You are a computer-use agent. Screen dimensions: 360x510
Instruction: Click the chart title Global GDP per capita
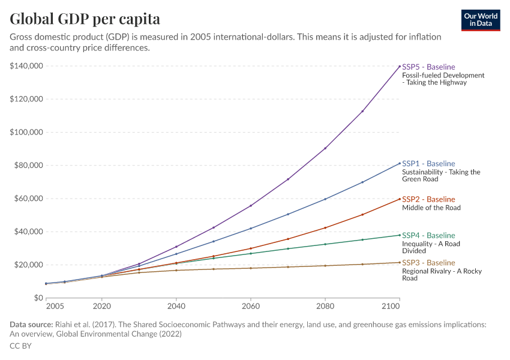(x=85, y=19)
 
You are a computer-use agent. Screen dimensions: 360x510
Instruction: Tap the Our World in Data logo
(x=480, y=20)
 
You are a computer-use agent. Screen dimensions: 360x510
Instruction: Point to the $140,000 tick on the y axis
(x=26, y=66)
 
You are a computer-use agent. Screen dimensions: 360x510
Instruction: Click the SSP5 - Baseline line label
(x=428, y=67)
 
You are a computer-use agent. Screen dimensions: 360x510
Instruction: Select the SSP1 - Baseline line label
(x=428, y=164)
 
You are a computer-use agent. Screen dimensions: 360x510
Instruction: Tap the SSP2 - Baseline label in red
(x=428, y=199)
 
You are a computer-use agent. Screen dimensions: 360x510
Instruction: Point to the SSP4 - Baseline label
(x=428, y=235)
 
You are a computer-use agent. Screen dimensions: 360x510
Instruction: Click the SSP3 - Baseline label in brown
(x=428, y=263)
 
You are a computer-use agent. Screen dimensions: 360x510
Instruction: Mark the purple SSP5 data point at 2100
(x=400, y=66)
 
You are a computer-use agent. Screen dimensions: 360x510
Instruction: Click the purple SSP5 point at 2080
(x=325, y=148)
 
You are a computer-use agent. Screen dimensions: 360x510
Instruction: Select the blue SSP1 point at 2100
(x=400, y=163)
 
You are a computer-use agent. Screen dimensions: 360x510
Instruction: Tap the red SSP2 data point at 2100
(x=400, y=199)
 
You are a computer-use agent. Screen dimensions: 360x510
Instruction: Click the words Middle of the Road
(x=431, y=208)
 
